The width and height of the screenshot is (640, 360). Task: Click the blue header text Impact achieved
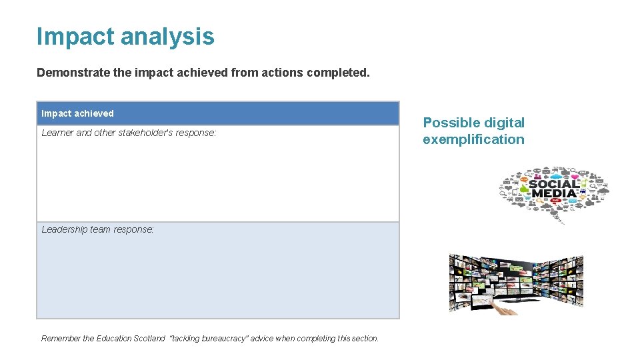click(77, 113)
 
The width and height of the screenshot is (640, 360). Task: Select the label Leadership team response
click(97, 229)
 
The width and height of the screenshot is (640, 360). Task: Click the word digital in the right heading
click(503, 123)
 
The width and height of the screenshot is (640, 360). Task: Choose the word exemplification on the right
click(473, 139)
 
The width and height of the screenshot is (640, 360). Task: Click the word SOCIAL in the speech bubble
click(555, 184)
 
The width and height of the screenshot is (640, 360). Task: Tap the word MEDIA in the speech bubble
click(553, 194)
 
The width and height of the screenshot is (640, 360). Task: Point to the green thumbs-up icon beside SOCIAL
click(524, 189)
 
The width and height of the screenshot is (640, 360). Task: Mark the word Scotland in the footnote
click(150, 339)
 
